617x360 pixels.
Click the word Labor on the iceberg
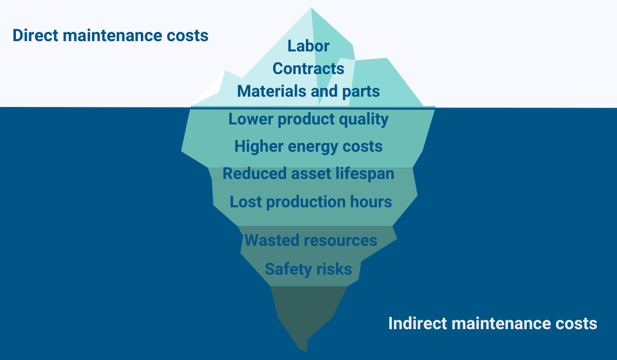(x=308, y=46)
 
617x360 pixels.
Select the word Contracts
(x=308, y=68)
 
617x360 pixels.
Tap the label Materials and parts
(x=308, y=91)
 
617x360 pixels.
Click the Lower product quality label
(x=308, y=119)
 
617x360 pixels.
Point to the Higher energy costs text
(x=308, y=147)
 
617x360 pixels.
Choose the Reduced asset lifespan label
(x=308, y=174)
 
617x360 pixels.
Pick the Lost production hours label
(x=311, y=202)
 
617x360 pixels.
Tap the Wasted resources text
(x=311, y=240)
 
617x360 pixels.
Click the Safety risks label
(x=308, y=269)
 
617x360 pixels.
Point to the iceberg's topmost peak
(x=311, y=8)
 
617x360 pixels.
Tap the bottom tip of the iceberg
(x=306, y=351)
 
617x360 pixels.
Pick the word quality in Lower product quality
(x=364, y=120)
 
